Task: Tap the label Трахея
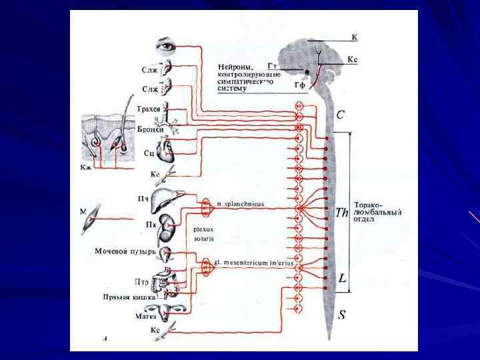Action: tap(148, 108)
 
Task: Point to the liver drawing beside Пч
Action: tap(163, 199)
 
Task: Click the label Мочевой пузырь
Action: tap(125, 251)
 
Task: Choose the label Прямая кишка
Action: tap(129, 297)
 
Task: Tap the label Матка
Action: tap(145, 317)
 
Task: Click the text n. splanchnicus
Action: tap(240, 203)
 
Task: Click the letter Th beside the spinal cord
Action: tap(342, 213)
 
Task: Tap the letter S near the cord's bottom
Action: tap(341, 315)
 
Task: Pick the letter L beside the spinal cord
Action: tap(342, 277)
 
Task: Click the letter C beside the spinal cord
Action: tap(341, 115)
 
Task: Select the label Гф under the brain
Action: tap(300, 85)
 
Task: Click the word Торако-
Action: tap(368, 204)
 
